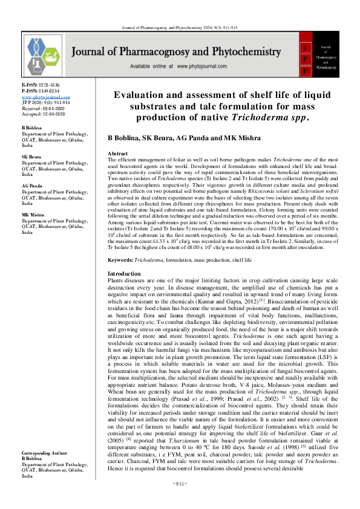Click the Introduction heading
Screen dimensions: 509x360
pyautogui.click(x=123, y=274)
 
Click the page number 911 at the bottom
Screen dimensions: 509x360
pyautogui.click(x=180, y=501)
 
